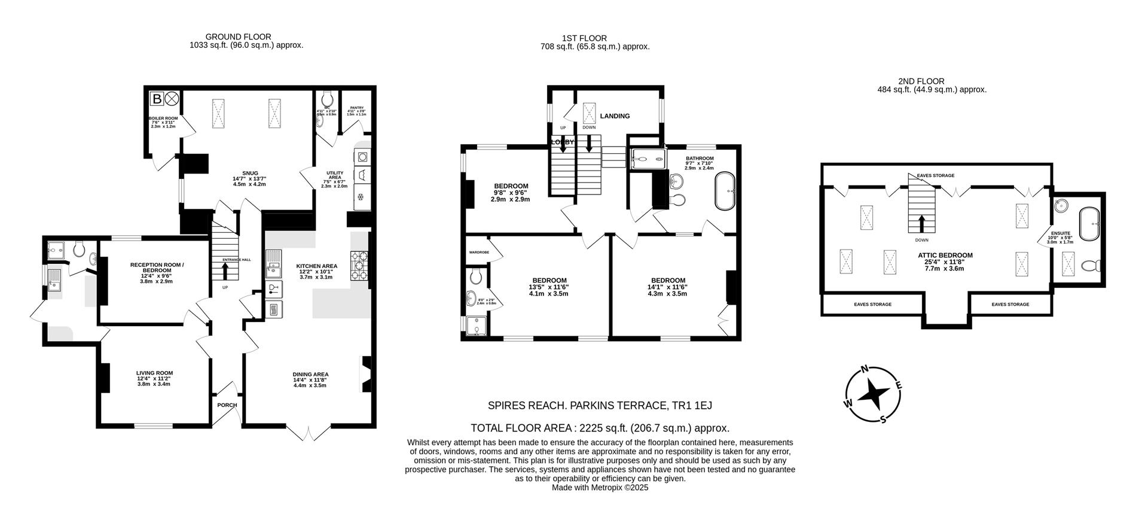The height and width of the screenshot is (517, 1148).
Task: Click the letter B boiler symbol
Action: tap(157, 99)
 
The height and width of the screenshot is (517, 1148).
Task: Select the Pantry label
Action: tap(356, 108)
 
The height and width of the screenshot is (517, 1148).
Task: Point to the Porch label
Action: tap(227, 405)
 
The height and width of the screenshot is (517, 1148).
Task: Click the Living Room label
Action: tap(154, 373)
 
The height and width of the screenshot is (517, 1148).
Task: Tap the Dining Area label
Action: tap(310, 375)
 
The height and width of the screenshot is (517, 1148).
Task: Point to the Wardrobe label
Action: tap(479, 253)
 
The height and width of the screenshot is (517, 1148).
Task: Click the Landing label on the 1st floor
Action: tap(615, 116)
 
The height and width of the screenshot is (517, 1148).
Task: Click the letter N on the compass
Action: tap(863, 370)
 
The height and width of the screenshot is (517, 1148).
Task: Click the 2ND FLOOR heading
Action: tap(921, 81)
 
